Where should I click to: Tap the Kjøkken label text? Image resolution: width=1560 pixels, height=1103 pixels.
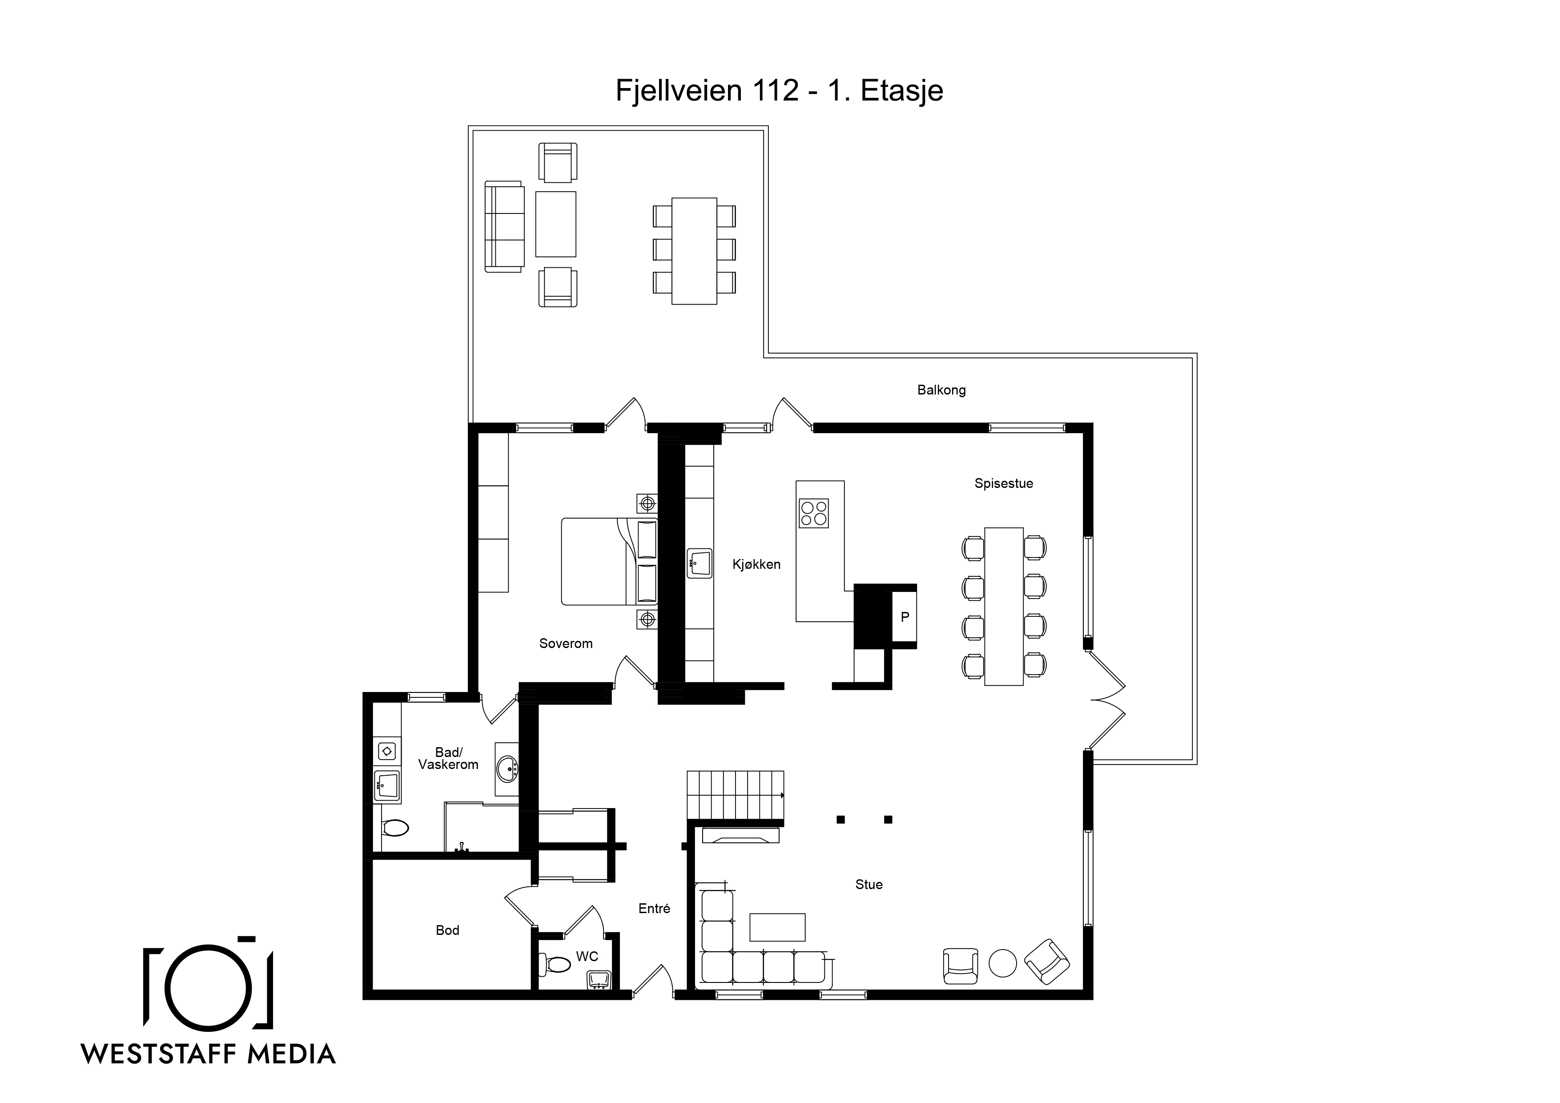(x=756, y=564)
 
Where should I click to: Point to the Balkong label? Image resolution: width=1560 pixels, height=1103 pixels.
(x=941, y=390)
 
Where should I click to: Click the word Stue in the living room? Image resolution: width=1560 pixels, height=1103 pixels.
(x=869, y=884)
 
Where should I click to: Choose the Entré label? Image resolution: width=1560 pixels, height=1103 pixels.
(x=654, y=909)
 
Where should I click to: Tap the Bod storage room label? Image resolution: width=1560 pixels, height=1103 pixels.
(x=447, y=930)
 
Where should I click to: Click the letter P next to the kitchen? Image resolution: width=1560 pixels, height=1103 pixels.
(x=905, y=617)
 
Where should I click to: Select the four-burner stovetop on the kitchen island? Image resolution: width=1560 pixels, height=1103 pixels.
(x=814, y=514)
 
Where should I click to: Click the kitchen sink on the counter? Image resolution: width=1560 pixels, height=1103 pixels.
(x=699, y=564)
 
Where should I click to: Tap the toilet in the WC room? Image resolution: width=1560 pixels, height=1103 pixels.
(x=555, y=964)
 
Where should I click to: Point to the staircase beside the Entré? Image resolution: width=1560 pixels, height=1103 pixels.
(x=735, y=796)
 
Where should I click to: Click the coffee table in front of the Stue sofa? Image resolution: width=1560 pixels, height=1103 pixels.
(x=777, y=927)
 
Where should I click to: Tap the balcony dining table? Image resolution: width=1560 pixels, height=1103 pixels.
(x=694, y=251)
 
